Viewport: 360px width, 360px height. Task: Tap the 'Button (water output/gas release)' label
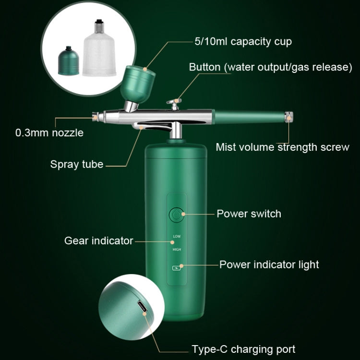(270, 67)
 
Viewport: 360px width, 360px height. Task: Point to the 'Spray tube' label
(77, 164)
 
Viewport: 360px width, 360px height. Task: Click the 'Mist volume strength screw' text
(282, 147)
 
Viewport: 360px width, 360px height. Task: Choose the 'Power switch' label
(249, 214)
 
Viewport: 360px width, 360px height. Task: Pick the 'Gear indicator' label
(98, 240)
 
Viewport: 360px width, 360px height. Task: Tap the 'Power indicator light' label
(269, 264)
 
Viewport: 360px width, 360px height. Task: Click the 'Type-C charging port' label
(243, 349)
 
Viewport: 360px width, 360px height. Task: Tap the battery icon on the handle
(176, 269)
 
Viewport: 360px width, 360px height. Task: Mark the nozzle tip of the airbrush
(95, 116)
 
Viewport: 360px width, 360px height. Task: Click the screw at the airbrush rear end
(289, 117)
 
